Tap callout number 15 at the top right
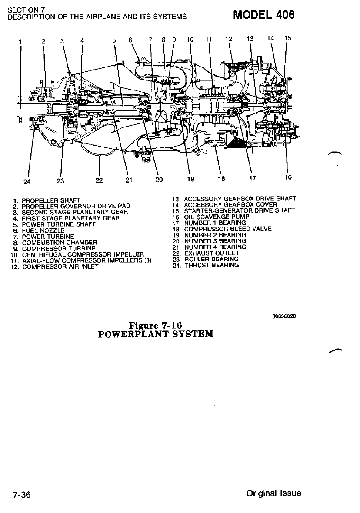coord(287,38)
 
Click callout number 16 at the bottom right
coord(288,177)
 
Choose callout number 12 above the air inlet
coord(229,40)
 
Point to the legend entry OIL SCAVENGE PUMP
coord(217,216)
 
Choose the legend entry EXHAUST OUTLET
coord(212,253)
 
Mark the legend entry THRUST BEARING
coord(211,265)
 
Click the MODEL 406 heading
coord(264,15)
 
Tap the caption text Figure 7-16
coord(155,325)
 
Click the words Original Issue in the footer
coord(273,493)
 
